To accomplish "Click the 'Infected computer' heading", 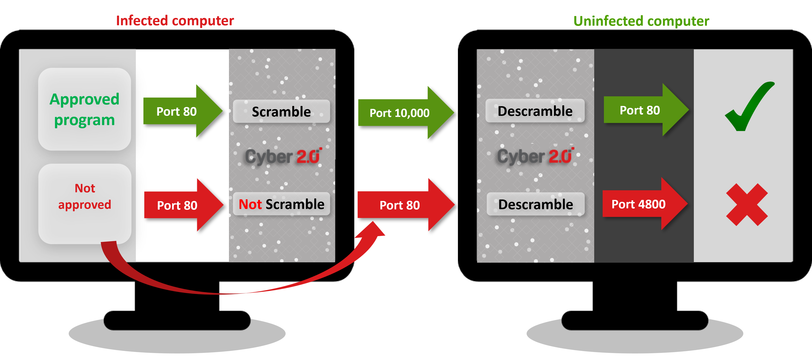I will pyautogui.click(x=175, y=21).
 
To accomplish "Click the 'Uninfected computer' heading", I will pyautogui.click(x=641, y=21).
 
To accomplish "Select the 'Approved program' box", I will pyautogui.click(x=84, y=109).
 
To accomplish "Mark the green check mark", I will pyautogui.click(x=748, y=107).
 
